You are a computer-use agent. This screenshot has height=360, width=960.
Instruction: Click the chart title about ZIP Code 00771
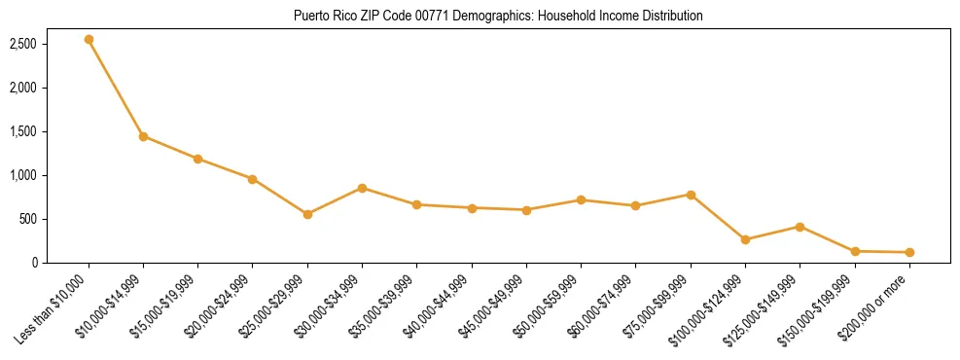pos(497,17)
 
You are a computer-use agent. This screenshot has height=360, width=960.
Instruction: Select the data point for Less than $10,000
pos(89,40)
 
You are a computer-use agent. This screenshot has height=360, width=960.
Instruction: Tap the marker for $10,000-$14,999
pos(143,136)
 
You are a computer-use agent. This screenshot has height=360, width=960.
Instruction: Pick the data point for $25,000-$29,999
pos(307,214)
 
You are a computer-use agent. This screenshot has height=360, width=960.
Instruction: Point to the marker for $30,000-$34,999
pos(362,188)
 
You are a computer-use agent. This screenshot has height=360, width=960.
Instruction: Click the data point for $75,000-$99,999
pos(691,195)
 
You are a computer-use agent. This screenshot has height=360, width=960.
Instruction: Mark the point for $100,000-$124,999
pos(745,239)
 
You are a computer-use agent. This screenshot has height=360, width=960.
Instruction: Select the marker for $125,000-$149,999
pos(800,227)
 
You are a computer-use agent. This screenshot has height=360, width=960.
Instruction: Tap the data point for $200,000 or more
pos(909,252)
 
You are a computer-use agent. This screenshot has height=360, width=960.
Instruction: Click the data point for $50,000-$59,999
pos(581,199)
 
